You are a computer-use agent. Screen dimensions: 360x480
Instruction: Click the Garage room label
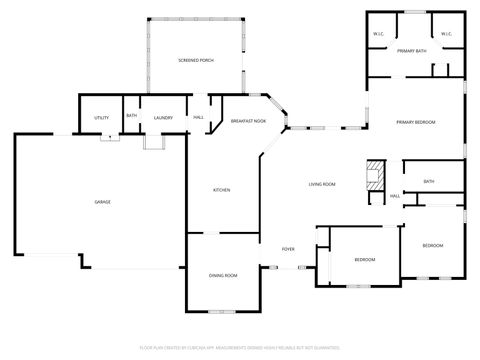[x=103, y=202]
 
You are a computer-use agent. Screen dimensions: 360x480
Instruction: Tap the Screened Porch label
[x=196, y=61]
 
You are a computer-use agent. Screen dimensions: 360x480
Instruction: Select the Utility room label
[x=101, y=118]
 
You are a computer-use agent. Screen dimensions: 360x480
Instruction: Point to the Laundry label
[x=164, y=118]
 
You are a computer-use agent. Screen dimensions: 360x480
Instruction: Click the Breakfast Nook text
[x=248, y=121]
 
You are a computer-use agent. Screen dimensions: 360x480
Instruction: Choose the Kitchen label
[x=221, y=190]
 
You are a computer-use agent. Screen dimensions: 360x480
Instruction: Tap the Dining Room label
[x=223, y=275]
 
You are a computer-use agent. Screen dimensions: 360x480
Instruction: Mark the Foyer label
[x=288, y=249]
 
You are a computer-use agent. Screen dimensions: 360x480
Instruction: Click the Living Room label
[x=321, y=184]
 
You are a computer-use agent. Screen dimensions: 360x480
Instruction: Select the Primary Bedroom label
[x=416, y=121]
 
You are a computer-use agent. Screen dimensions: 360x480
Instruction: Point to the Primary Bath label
[x=412, y=50]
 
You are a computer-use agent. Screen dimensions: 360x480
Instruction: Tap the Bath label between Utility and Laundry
[x=132, y=116]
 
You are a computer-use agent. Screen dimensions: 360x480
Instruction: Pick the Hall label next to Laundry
[x=198, y=118]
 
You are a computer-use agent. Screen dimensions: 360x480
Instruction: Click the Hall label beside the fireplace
[x=395, y=196]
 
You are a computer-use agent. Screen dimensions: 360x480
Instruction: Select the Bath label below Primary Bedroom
[x=429, y=181]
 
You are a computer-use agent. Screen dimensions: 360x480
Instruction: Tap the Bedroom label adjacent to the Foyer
[x=364, y=260]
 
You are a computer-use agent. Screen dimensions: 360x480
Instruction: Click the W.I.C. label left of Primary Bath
[x=379, y=34]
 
